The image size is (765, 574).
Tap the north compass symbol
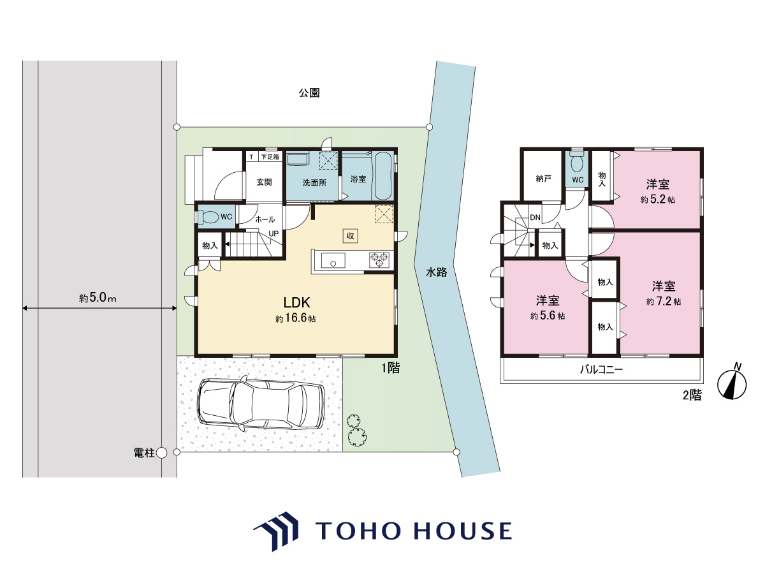coord(732,385)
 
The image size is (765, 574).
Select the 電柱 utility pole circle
coord(161,453)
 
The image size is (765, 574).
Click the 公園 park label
coord(309,92)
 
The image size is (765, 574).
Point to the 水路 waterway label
coord(436,272)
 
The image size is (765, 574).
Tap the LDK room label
coord(296,302)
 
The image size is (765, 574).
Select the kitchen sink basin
coord(333,260)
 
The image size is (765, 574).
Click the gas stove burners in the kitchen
coord(379,260)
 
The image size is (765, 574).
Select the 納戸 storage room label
coord(543,179)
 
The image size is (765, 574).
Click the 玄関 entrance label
coord(264,182)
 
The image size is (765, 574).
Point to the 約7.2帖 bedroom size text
coord(663,302)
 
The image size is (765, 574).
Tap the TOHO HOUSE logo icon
coord(276,531)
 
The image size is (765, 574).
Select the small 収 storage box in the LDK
coord(350,236)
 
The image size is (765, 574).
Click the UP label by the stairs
coord(273,233)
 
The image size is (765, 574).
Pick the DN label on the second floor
coord(535,217)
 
